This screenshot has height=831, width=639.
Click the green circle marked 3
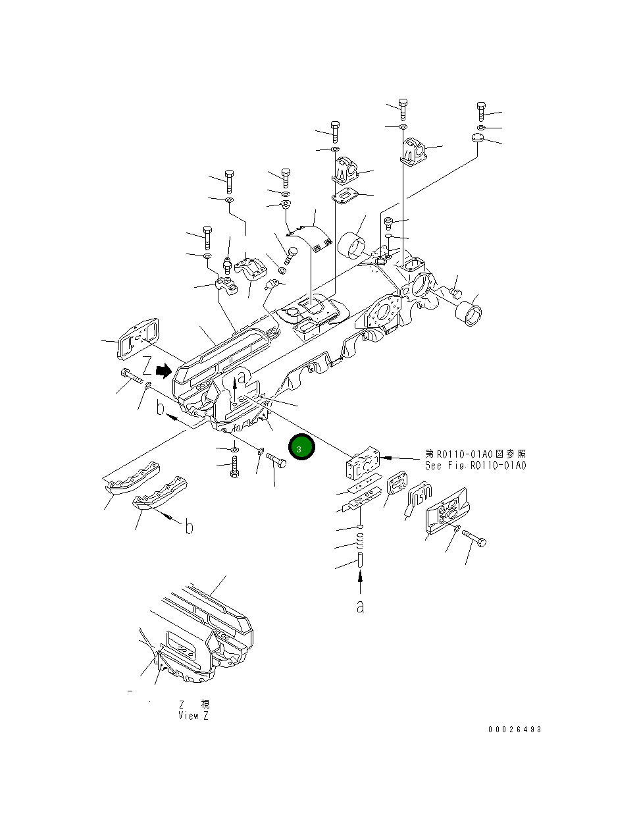(x=301, y=448)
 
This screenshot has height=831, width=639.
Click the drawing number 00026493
(x=515, y=730)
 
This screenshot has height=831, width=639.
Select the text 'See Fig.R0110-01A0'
(x=475, y=466)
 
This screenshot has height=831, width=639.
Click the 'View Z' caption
(x=193, y=716)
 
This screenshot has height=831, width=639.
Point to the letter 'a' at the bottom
(x=360, y=606)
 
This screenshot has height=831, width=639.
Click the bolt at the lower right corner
(x=475, y=538)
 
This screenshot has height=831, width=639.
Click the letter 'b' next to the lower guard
(x=189, y=527)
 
